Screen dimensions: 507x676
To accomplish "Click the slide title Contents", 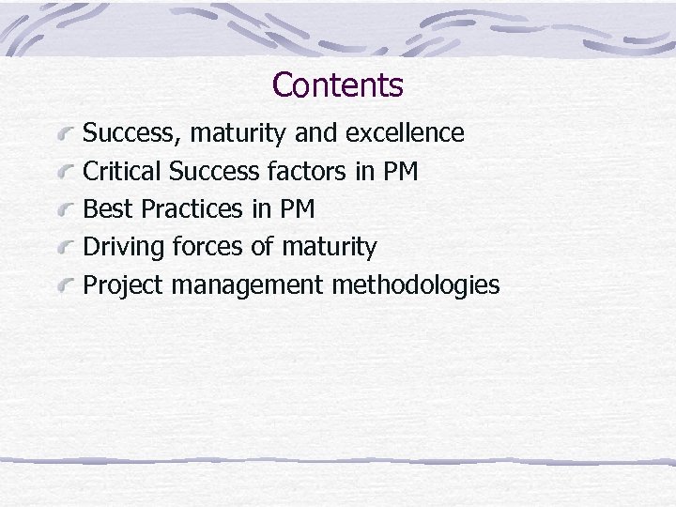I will (x=338, y=85).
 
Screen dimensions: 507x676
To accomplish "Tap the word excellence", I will (x=405, y=133).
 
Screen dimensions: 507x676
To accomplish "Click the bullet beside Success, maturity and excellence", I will (x=65, y=135).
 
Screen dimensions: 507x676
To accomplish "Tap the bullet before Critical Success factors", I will (x=65, y=174).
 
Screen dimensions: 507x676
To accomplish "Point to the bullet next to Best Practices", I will (x=65, y=211).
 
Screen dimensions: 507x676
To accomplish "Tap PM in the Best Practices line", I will (x=297, y=209).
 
